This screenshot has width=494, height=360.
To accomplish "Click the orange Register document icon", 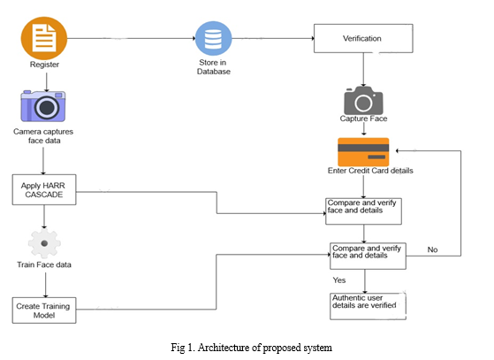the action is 44,38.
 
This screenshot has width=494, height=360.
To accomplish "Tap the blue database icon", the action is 214,38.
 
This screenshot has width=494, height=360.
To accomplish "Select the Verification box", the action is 363,38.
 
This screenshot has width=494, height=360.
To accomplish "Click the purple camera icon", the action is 43,106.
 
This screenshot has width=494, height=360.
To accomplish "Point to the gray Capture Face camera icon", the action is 363,100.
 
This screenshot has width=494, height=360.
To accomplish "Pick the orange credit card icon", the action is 363,152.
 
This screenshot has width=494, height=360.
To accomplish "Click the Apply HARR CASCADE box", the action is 44,190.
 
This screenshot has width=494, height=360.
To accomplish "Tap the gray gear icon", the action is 44,243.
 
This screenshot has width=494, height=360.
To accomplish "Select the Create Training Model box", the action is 44,310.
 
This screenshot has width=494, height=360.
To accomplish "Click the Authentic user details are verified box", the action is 368,306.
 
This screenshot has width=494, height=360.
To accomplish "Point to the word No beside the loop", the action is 432,249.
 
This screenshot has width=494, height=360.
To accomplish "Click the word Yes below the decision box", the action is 339,280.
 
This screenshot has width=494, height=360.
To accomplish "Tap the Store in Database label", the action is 213,67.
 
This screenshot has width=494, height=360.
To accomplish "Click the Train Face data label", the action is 44,264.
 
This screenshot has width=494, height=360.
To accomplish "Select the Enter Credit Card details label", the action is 370,171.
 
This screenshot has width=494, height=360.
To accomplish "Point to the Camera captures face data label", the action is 43,136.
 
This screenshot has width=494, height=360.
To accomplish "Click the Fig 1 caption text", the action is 251,348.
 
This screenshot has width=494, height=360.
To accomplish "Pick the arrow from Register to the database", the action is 132,38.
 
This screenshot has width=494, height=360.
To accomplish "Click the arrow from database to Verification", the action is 273,38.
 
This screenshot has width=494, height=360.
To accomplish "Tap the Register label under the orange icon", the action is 44,65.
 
